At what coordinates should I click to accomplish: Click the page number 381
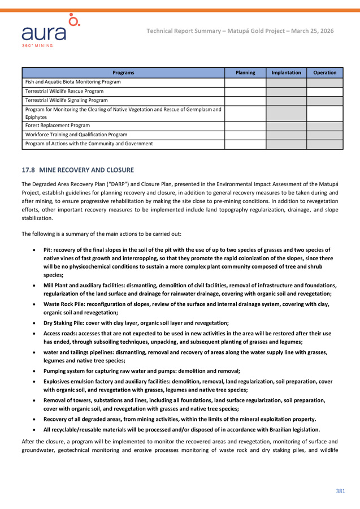point(340,491)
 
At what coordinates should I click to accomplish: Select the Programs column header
point(123,72)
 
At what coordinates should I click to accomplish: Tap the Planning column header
point(245,72)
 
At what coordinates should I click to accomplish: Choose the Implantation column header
point(286,72)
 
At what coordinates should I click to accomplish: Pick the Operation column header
point(325,72)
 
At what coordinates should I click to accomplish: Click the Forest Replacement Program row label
point(58,125)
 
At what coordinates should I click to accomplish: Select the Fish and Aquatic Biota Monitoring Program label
point(73,82)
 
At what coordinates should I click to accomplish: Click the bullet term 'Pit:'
point(48,249)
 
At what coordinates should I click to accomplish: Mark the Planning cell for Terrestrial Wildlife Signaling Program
point(245,101)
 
